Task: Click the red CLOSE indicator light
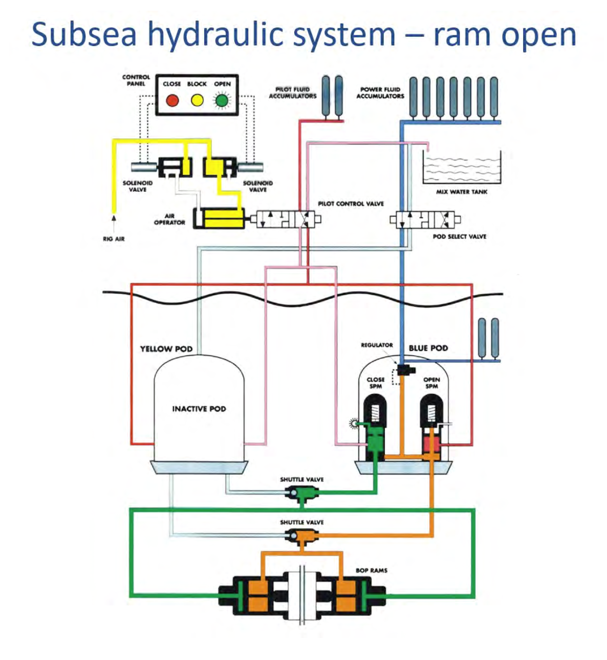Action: [172, 100]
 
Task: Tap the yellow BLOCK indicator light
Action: [197, 100]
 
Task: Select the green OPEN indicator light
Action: [222, 100]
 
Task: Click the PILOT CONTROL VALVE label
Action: [351, 204]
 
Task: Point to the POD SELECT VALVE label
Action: [459, 236]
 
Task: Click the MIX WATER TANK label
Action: [462, 192]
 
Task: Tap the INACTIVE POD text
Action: [199, 409]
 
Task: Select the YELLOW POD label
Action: [166, 349]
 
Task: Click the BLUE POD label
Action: [428, 348]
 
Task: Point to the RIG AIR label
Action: [114, 239]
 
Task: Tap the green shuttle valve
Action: [302, 494]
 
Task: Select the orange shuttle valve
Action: [302, 537]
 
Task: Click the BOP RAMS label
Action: [372, 570]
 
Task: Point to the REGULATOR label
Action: [377, 345]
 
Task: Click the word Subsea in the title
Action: [84, 35]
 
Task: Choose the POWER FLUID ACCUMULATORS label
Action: [380, 93]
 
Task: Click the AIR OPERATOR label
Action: [169, 219]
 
